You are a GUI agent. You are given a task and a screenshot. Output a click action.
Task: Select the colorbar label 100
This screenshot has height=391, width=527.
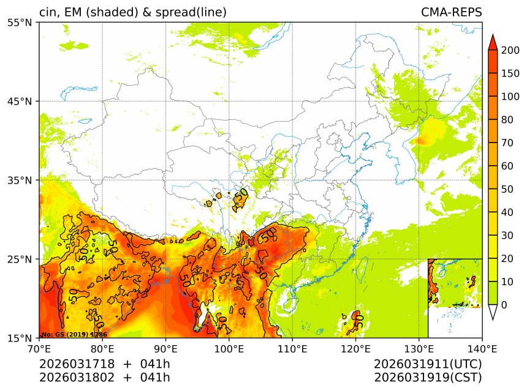tap(510, 97)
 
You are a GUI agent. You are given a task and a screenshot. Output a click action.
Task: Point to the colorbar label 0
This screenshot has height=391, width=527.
tap(504, 305)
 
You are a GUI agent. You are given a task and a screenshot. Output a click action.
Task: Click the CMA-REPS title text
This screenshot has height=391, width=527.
tap(451, 12)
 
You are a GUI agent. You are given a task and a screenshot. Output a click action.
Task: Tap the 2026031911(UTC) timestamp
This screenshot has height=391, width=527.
tap(428, 364)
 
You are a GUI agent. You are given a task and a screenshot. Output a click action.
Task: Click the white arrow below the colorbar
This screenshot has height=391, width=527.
tap(492, 312)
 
